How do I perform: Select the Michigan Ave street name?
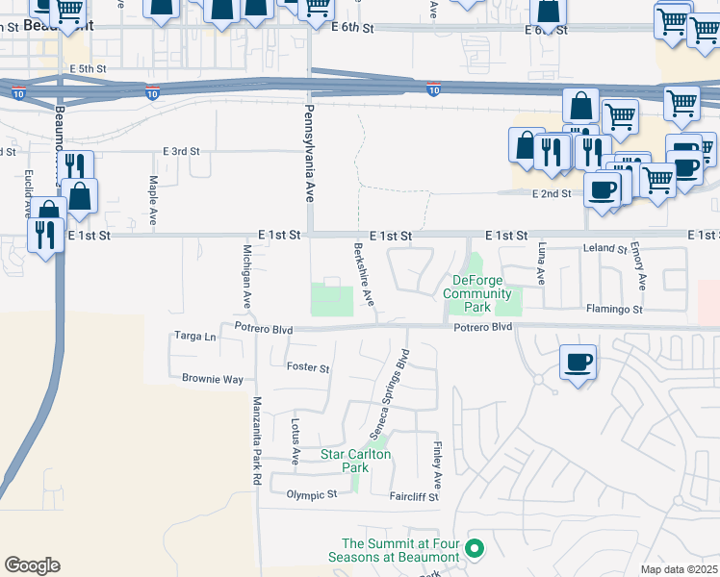click(x=247, y=275)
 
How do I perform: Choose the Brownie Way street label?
click(x=213, y=379)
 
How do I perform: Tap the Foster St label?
click(x=308, y=368)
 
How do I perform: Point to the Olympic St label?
click(x=312, y=494)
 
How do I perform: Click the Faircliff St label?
click(x=414, y=496)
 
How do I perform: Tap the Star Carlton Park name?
click(x=356, y=461)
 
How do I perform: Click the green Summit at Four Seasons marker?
click(x=474, y=550)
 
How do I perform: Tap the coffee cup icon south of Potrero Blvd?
click(x=578, y=364)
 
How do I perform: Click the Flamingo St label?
click(x=614, y=310)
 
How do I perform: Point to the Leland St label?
click(x=605, y=248)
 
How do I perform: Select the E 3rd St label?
click(x=181, y=151)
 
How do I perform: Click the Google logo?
click(x=32, y=564)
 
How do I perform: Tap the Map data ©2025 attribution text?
click(x=678, y=569)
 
